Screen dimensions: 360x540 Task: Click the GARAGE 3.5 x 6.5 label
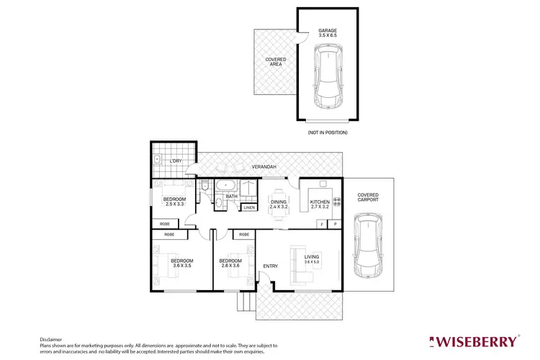328,34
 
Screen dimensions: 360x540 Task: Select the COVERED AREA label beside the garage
274,62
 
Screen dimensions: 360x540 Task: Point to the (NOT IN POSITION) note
328,132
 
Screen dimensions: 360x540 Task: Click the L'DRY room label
176,161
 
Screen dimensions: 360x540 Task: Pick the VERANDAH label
264,167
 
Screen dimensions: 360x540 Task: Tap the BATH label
231,196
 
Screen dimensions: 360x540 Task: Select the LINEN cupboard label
248,208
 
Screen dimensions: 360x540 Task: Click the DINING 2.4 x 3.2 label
279,204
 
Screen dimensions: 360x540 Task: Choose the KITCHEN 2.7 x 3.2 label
320,204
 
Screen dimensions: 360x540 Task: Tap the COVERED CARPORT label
367,197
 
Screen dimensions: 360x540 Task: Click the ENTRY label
270,266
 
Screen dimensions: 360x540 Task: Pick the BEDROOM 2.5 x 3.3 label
174,202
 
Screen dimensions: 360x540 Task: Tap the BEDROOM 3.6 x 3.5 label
181,262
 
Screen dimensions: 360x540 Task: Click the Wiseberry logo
473,341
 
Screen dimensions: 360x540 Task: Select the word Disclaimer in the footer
50,338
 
